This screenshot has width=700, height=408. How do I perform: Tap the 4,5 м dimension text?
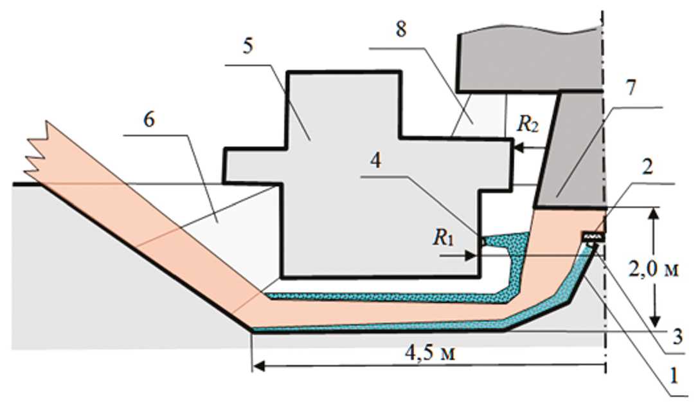coord(429,354)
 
